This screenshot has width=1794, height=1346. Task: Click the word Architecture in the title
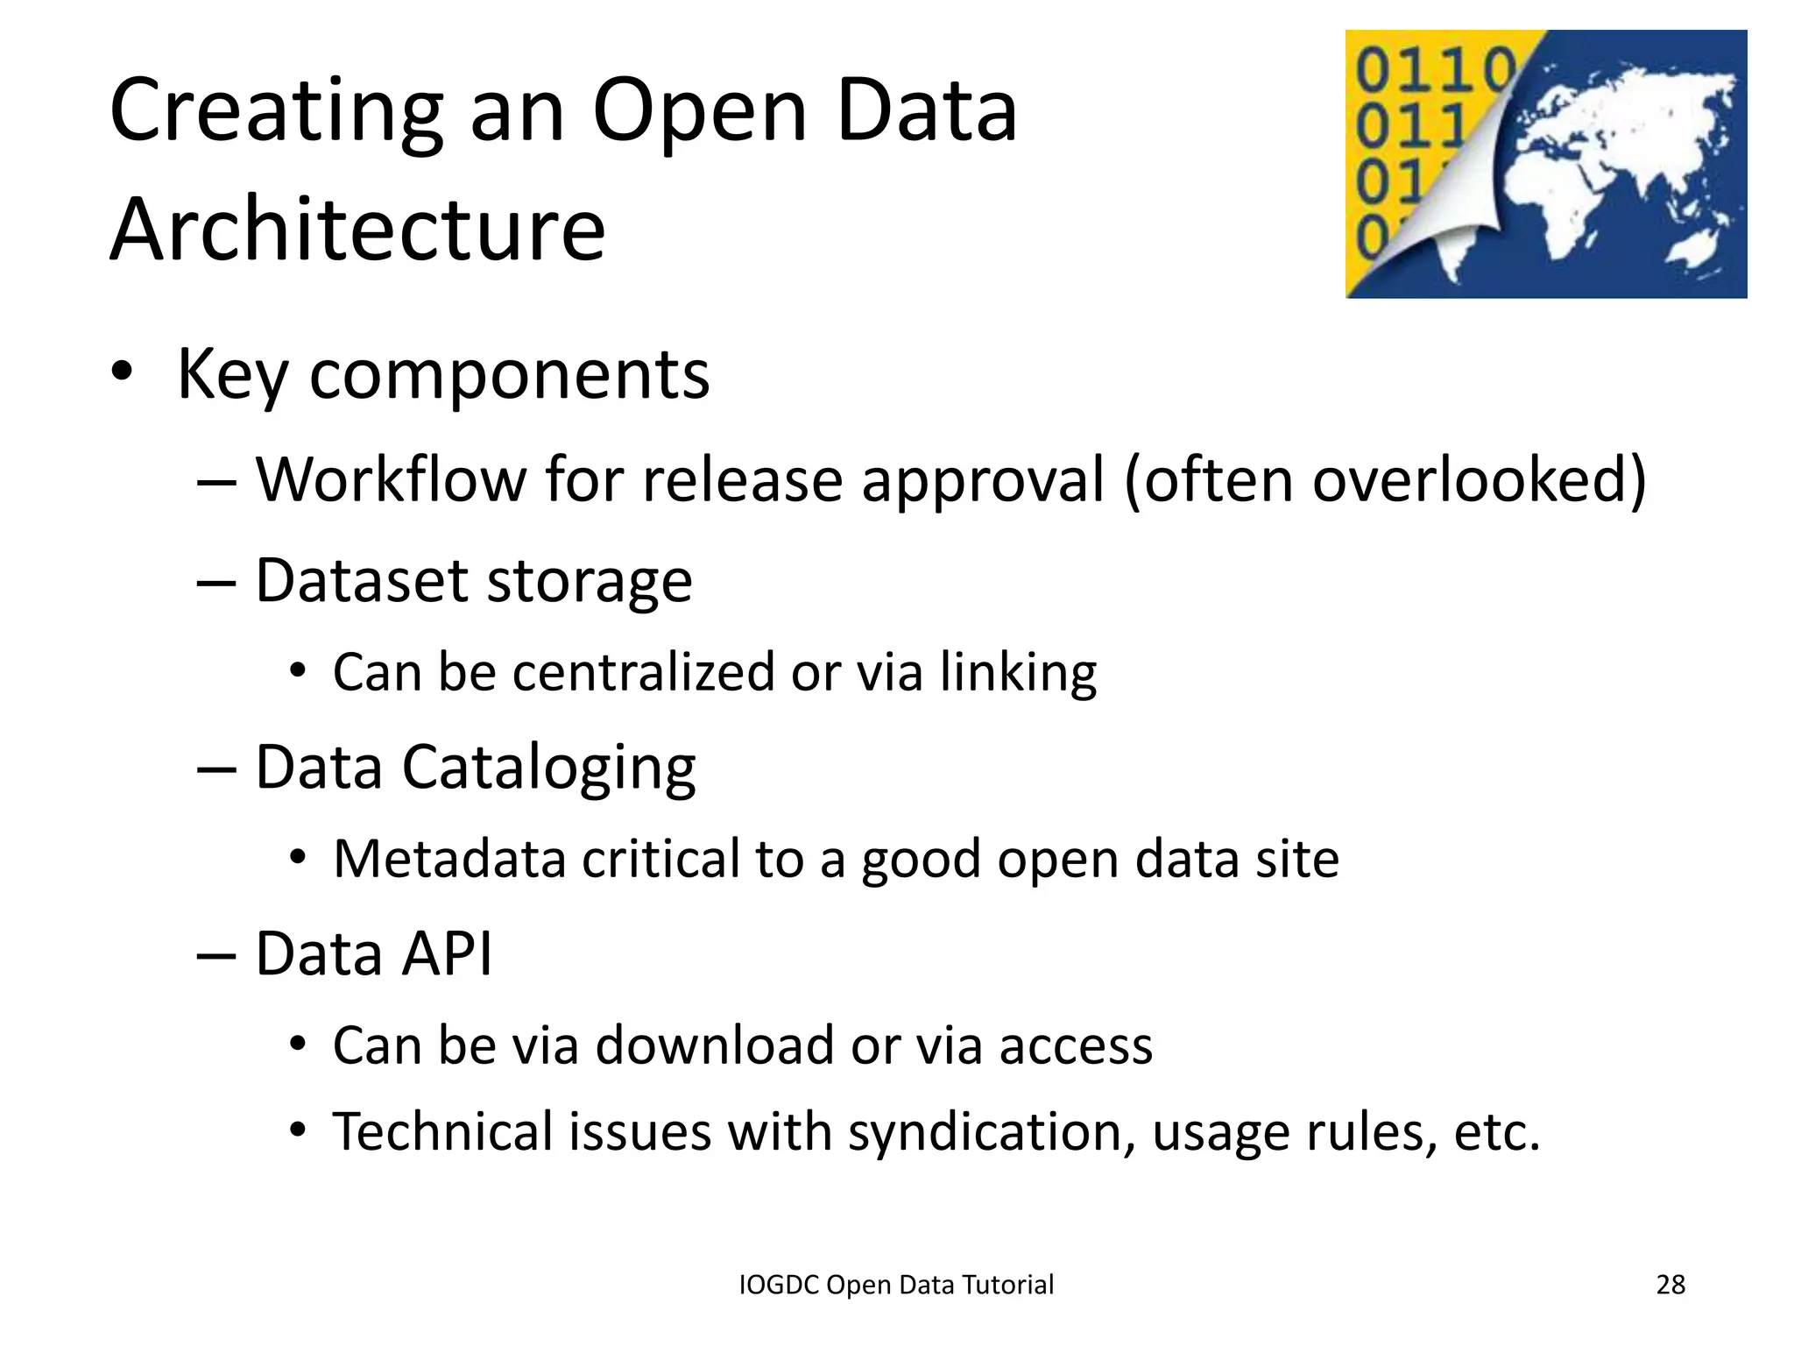point(357,230)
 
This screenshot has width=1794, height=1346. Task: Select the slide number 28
point(1670,1285)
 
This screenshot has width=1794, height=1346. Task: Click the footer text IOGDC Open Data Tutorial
point(896,1285)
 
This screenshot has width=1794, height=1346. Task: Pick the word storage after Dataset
point(589,581)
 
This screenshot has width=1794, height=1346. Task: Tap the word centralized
point(643,673)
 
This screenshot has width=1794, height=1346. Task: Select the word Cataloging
point(548,768)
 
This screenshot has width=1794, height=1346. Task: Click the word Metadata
point(449,859)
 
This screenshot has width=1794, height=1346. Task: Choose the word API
point(447,953)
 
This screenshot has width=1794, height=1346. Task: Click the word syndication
point(985,1131)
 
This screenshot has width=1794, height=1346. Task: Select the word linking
point(1018,673)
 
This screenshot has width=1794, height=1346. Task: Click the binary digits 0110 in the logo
point(1435,70)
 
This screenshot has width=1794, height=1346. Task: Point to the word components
point(509,375)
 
